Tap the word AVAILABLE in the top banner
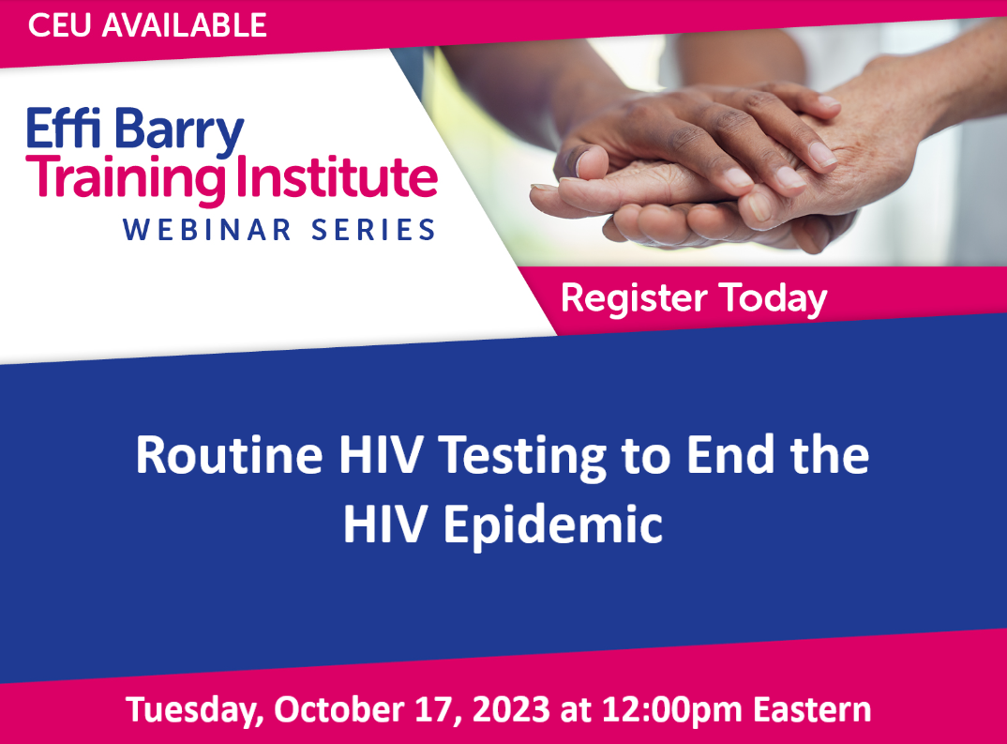[x=185, y=25]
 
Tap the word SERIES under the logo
[x=374, y=230]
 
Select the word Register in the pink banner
[x=634, y=299]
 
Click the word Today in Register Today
[x=773, y=299]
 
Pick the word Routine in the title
[x=230, y=455]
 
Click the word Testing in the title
[x=523, y=458]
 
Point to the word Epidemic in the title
[x=553, y=525]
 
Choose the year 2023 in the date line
[x=511, y=709]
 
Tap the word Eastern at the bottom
[x=812, y=709]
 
